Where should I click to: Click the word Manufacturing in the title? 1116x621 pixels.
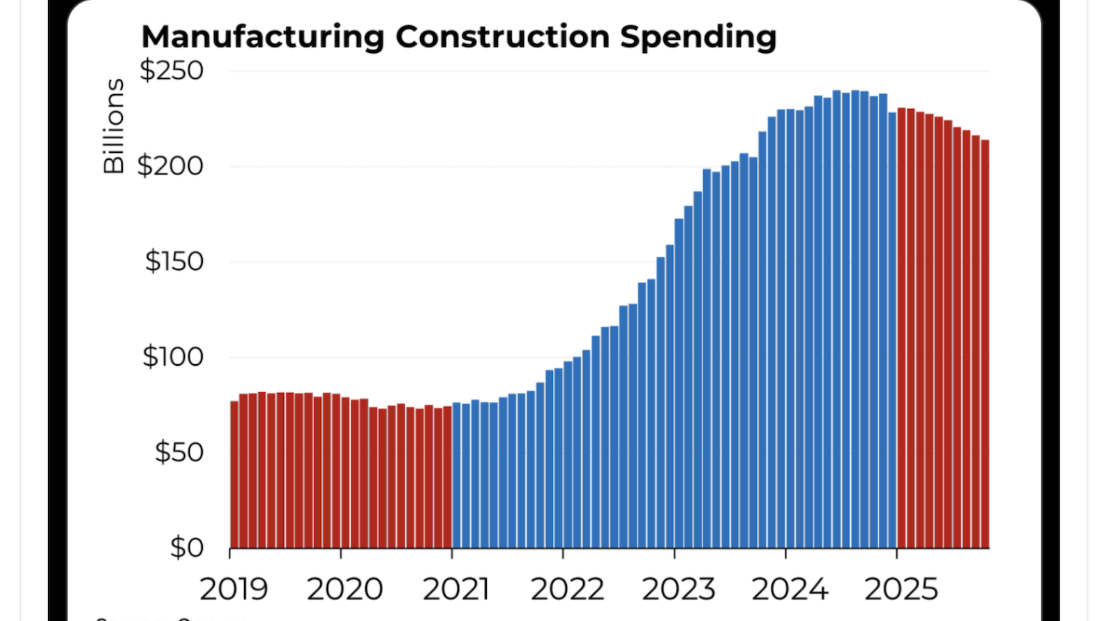[262, 37]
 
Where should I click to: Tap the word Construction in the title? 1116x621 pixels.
[502, 37]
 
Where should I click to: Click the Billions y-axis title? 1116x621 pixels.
[114, 126]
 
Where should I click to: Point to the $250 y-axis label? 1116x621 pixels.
[172, 70]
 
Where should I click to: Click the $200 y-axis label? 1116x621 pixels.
[170, 166]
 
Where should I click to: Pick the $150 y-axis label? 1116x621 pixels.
[174, 262]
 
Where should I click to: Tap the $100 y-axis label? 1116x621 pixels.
[172, 357]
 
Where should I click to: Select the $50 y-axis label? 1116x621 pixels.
[179, 452]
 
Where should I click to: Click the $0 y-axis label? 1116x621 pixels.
[187, 548]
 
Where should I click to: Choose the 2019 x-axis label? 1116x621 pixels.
[234, 590]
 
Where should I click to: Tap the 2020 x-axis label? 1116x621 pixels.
[345, 590]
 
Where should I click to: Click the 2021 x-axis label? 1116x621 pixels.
[455, 590]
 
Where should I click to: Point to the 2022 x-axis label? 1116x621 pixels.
[567, 590]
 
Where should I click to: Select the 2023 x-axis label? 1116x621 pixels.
[678, 590]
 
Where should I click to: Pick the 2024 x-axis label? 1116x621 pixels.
[790, 590]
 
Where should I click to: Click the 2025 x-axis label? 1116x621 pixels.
[901, 590]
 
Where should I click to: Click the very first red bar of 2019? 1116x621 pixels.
[234, 474]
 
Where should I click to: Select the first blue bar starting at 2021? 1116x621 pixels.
[456, 475]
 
